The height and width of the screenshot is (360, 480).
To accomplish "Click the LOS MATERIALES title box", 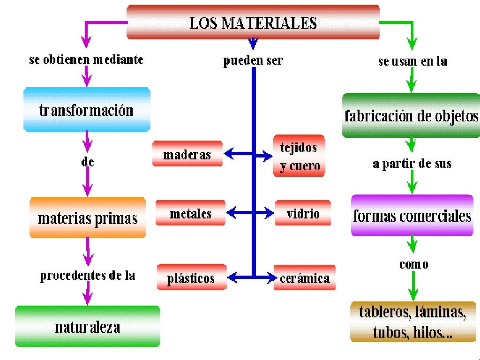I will pyautogui.click(x=253, y=22).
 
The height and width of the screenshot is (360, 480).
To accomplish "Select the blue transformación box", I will pyautogui.click(x=87, y=110).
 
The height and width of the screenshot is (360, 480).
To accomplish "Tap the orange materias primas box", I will pyautogui.click(x=88, y=217).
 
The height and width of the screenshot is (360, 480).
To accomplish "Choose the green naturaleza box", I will pyautogui.click(x=88, y=326).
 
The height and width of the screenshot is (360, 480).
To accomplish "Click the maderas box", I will pyautogui.click(x=187, y=154).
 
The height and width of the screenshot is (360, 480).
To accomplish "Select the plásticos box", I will pyautogui.click(x=191, y=277).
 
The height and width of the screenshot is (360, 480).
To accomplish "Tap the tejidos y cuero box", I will pyautogui.click(x=299, y=156).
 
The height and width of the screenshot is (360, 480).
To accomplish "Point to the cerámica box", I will pyautogui.click(x=305, y=277).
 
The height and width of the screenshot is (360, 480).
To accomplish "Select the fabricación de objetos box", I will pyautogui.click(x=412, y=115).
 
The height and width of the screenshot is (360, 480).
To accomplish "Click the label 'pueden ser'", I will pyautogui.click(x=253, y=60).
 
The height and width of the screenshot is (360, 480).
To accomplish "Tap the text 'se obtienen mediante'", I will pyautogui.click(x=86, y=60).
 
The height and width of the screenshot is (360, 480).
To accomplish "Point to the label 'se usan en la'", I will pyautogui.click(x=412, y=61).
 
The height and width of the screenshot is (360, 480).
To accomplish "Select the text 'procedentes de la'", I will pyautogui.click(x=88, y=275).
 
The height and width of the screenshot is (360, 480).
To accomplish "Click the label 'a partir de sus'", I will pyautogui.click(x=412, y=163).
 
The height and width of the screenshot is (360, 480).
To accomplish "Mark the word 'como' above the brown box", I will pyautogui.click(x=413, y=264).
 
